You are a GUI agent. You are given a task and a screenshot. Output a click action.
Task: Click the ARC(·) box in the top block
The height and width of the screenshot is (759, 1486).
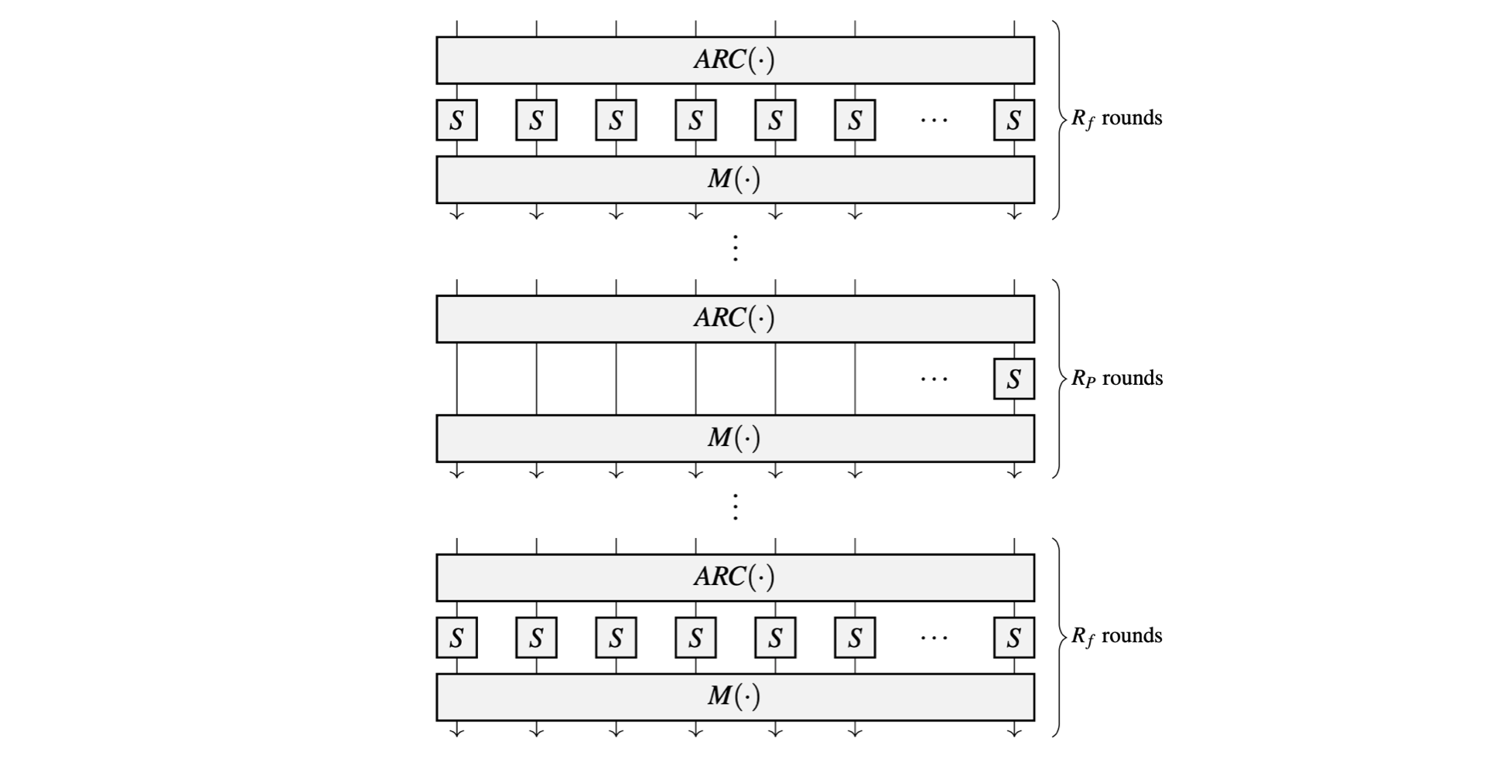click(735, 60)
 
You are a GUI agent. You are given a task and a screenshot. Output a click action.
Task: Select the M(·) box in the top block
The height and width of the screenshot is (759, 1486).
click(735, 180)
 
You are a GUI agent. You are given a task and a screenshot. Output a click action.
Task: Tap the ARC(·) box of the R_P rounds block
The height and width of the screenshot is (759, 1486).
click(735, 319)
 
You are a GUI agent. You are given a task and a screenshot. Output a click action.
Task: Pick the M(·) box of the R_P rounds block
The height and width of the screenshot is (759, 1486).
click(735, 439)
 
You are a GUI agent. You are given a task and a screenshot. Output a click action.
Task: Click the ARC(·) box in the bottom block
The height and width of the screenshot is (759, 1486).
click(735, 578)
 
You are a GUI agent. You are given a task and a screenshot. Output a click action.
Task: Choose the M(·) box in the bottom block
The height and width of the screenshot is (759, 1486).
click(735, 697)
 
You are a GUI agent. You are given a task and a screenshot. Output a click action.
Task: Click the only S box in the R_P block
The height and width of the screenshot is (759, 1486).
click(1013, 379)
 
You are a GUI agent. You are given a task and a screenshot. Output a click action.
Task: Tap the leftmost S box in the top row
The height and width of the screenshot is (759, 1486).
click(456, 121)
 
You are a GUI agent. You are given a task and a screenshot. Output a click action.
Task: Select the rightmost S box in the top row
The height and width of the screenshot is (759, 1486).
click(1013, 121)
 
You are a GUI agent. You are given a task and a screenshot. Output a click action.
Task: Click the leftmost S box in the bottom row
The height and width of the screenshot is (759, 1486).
click(456, 638)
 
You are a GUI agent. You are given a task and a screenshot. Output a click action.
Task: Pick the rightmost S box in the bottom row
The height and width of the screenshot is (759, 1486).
click(1013, 638)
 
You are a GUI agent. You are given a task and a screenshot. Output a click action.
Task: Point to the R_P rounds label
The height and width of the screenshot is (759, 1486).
click(1116, 379)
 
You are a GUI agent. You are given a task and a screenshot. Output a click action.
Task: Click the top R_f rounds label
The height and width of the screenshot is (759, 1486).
click(1116, 119)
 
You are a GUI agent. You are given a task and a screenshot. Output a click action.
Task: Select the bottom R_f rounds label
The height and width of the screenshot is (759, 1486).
click(1116, 637)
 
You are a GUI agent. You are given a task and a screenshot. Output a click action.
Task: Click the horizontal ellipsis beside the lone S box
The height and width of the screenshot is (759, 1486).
click(934, 379)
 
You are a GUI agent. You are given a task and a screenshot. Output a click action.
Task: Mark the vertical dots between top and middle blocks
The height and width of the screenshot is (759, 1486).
click(735, 248)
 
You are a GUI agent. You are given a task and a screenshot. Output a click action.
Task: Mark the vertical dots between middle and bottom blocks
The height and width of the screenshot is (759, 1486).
click(735, 507)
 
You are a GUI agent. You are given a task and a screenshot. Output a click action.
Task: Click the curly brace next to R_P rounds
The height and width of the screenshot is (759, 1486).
click(1057, 379)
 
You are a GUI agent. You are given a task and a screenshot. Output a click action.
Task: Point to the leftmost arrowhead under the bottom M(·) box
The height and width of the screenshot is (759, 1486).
click(456, 731)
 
